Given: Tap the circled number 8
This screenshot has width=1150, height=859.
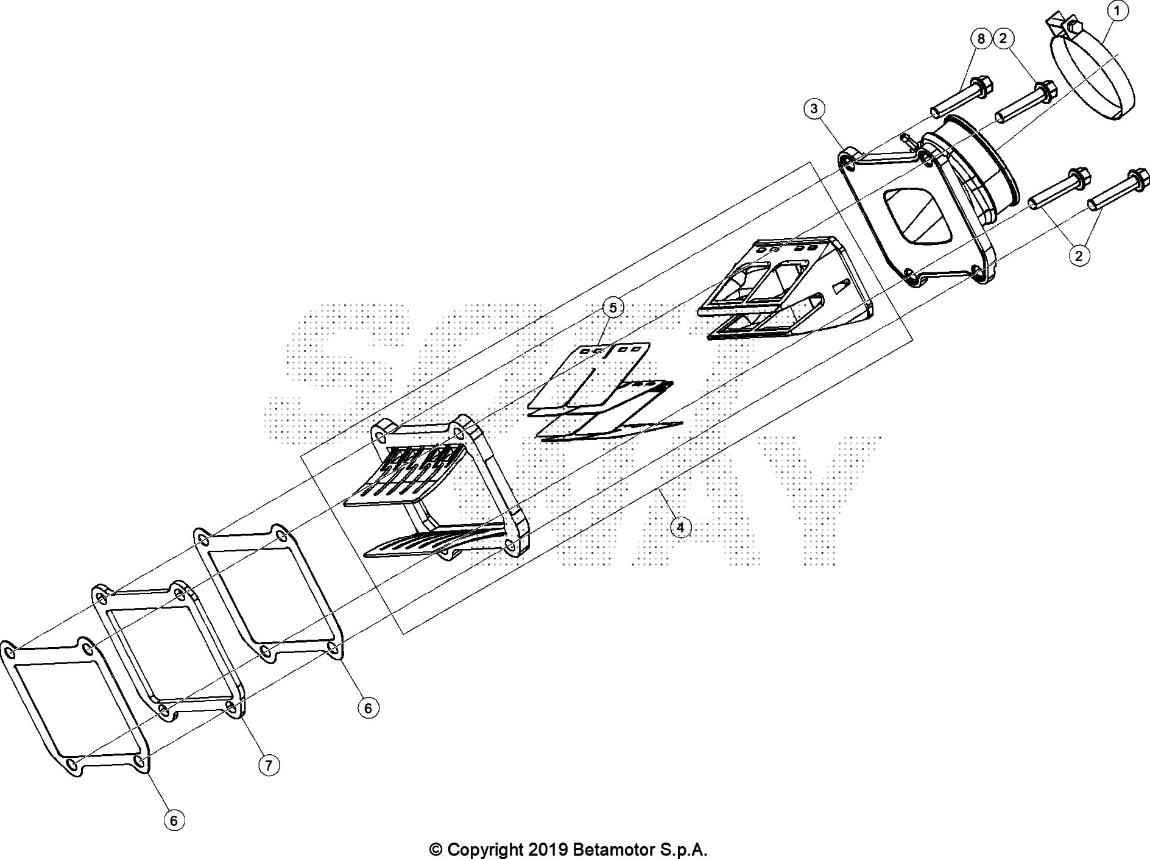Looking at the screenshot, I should coord(981,39).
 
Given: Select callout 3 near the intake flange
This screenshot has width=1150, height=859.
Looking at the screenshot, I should coord(814,109).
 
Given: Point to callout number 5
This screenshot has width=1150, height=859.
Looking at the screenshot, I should coord(613,308).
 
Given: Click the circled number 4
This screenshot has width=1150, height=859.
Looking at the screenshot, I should coord(680,527).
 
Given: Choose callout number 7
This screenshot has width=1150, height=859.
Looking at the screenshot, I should coord(269,765).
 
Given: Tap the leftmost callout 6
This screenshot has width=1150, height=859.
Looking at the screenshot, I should coord(174,821).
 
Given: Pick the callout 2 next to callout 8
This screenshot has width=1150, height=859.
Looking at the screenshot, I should coord(1003,38).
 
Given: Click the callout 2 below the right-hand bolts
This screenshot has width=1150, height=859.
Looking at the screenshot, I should coord(1079,256).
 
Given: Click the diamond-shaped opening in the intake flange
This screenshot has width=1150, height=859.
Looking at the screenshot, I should coord(917,217).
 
